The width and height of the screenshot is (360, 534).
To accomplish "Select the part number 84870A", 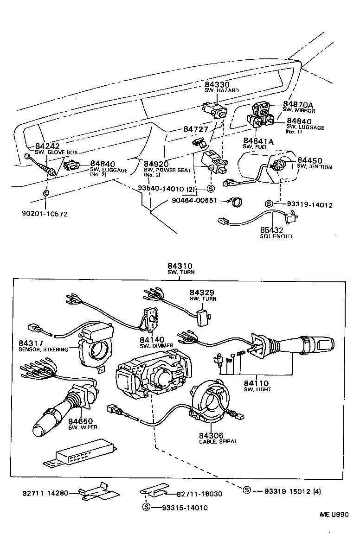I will [298, 104].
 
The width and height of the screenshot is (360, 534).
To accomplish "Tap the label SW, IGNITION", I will [314, 167].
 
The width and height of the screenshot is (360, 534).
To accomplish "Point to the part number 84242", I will [48, 146].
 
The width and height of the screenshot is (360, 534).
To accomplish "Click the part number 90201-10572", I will [45, 214].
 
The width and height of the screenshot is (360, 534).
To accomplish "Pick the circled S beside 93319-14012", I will [269, 203].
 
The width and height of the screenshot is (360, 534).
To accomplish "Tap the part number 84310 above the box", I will [179, 266].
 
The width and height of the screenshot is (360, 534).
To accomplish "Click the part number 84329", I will [203, 292].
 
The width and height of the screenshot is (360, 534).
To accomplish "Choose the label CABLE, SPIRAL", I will [218, 441].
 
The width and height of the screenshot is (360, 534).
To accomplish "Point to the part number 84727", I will [197, 130].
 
